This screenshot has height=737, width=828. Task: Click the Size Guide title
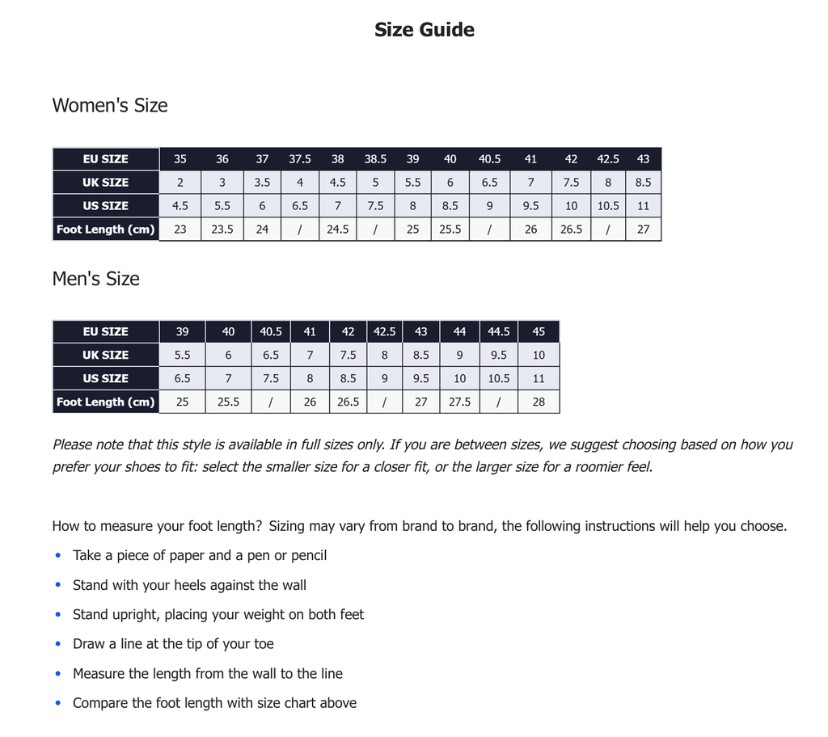(x=424, y=30)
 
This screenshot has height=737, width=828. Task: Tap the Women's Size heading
(x=110, y=105)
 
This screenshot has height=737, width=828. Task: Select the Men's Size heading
(x=95, y=279)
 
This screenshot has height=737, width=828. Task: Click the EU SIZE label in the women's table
(x=105, y=159)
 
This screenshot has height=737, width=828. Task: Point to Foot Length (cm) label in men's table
(x=105, y=402)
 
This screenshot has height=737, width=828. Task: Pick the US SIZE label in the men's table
(x=105, y=378)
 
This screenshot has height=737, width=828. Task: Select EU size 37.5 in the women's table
(x=300, y=159)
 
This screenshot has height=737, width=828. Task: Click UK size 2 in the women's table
(x=180, y=183)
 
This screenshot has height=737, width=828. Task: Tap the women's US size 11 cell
(x=643, y=206)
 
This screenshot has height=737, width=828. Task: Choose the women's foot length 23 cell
(x=180, y=230)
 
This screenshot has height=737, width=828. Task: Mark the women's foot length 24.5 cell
(x=338, y=230)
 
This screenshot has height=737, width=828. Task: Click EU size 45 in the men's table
(x=539, y=332)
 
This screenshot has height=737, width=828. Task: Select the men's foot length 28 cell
(x=539, y=402)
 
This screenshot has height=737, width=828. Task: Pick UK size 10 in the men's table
(x=539, y=355)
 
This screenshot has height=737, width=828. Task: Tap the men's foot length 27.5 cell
(x=459, y=402)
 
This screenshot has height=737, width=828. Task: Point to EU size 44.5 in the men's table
(x=499, y=332)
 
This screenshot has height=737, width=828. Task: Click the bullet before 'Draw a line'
(x=57, y=644)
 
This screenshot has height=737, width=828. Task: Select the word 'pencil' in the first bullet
(x=307, y=555)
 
